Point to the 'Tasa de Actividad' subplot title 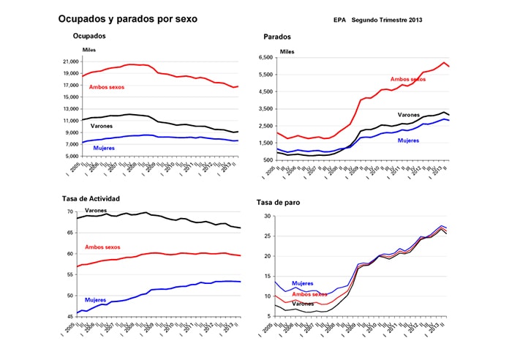pos(101,198)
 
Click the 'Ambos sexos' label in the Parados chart pos(408,79)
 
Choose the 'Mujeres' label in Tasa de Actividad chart pos(95,300)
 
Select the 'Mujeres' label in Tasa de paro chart pos(302,282)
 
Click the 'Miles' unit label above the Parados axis pos(287,52)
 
